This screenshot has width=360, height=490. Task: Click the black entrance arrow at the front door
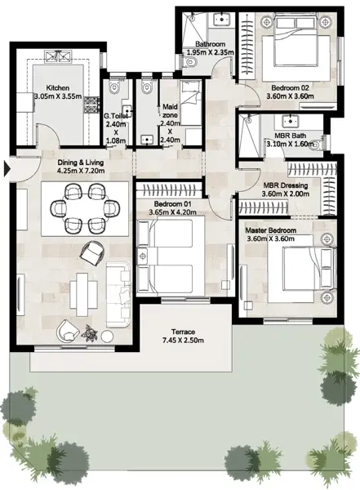point(7,169)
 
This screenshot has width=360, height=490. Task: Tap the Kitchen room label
point(58,88)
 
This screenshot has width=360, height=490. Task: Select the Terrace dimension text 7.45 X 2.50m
point(183,340)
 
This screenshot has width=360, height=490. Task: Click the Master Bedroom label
point(271,230)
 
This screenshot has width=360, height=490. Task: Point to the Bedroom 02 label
point(290,88)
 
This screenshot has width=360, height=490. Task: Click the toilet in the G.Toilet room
point(114,87)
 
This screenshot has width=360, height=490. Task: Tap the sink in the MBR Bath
point(291,121)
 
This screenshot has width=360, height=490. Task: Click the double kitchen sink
point(58,56)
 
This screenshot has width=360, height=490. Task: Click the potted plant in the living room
point(89,332)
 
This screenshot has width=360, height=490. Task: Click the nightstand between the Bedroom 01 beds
point(143,256)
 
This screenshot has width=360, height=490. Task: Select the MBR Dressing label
point(286,185)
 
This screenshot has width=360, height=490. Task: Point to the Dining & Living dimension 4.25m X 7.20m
point(81,171)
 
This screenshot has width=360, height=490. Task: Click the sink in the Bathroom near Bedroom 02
point(222,20)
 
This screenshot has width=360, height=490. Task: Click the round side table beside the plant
point(108,336)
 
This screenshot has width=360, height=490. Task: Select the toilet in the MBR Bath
point(316,145)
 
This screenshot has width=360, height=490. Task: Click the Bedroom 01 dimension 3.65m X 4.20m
point(172,212)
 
